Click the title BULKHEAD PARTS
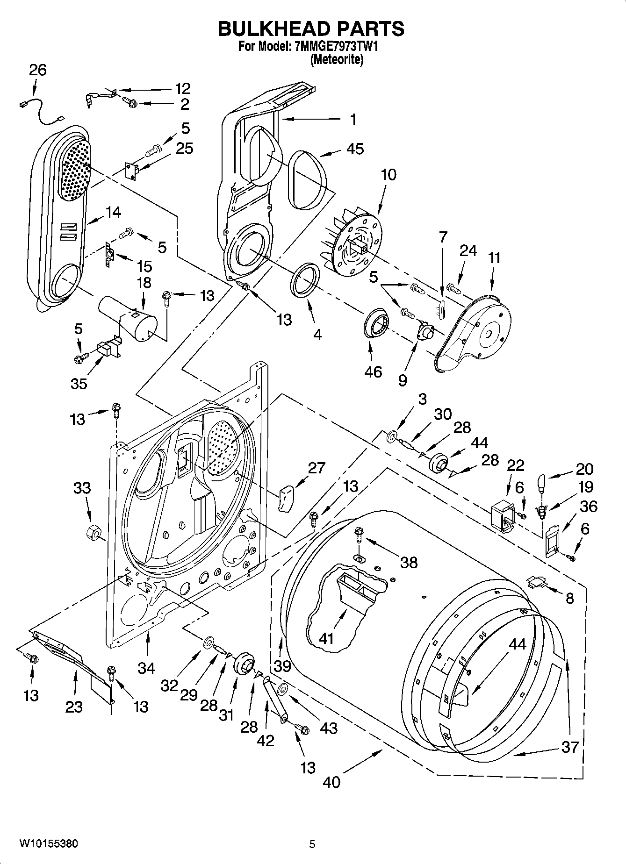point(311,29)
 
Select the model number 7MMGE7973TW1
point(337,47)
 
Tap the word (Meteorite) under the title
point(337,60)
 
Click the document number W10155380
point(49,843)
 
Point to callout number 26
point(38,70)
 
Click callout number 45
point(355,149)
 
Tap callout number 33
point(82,488)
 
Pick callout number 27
point(317,468)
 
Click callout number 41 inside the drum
point(326,638)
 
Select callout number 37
point(570,747)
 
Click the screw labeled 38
point(360,533)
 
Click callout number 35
point(79,384)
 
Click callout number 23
point(74,707)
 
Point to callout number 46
point(374,371)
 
